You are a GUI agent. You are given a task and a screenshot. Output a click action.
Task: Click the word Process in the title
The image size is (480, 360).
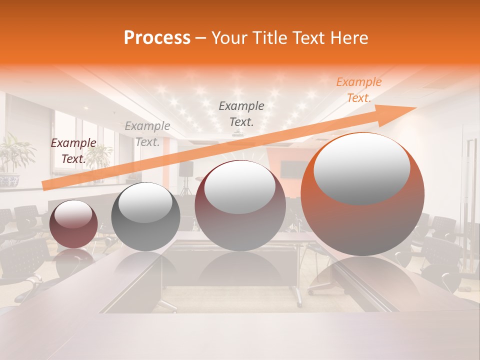click(157, 38)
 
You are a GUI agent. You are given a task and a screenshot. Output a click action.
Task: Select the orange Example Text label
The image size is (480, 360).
click(358, 90)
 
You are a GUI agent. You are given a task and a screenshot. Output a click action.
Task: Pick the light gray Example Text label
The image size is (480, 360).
click(147, 134)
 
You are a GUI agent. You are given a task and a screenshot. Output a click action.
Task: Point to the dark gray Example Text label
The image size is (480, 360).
click(241, 113)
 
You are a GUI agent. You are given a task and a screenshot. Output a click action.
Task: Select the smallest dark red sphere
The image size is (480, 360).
click(74, 224)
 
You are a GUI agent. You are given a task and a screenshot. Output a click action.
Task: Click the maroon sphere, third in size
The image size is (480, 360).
click(240, 206)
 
